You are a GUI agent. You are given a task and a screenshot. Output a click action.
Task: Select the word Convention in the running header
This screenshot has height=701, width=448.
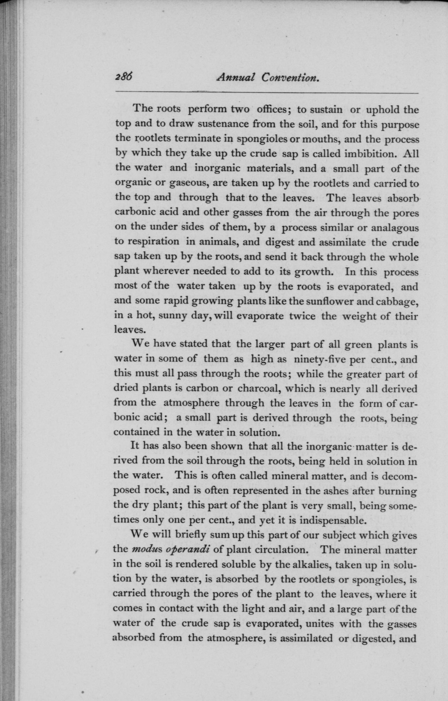(x=289, y=77)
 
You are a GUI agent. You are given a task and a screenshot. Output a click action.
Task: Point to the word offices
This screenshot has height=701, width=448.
(x=272, y=109)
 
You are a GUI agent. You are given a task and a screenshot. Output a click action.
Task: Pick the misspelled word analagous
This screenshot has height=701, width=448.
(x=395, y=227)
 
